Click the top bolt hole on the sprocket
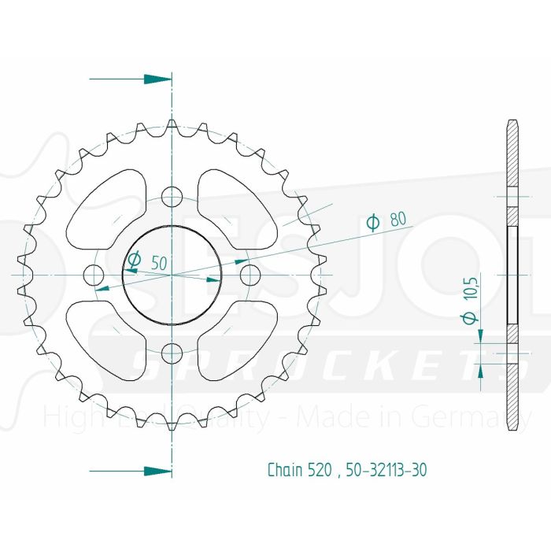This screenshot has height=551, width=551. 172,196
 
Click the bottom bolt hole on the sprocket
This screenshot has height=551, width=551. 172,352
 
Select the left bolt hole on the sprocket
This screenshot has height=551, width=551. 94,275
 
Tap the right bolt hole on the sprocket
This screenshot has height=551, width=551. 250,275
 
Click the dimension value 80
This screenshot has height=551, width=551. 398,221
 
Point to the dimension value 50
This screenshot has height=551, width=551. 159,264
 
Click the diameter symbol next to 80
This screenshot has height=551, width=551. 374,223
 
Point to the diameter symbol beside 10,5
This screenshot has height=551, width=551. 471,317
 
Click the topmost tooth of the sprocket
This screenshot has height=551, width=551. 172,126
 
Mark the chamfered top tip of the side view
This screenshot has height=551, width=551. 512,124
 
